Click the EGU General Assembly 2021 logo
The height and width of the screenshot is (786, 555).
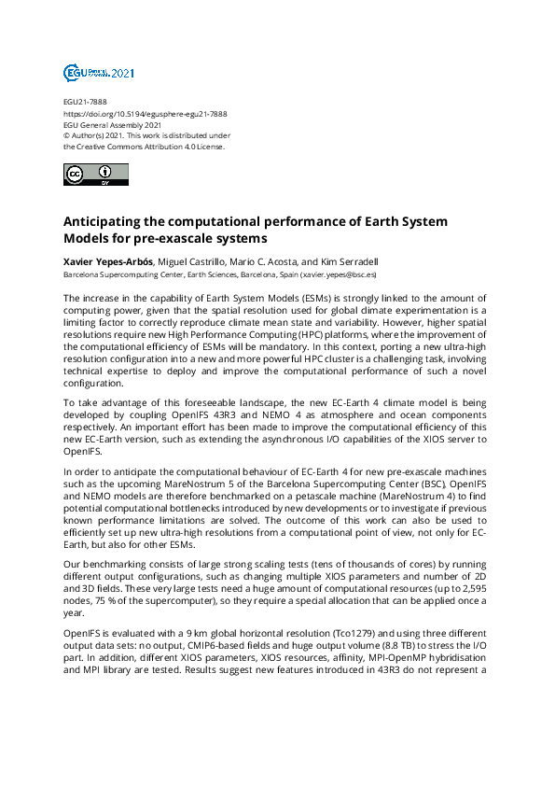click(x=99, y=73)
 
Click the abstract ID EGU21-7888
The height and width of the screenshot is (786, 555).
click(x=84, y=102)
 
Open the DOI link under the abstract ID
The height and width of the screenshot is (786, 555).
click(x=145, y=113)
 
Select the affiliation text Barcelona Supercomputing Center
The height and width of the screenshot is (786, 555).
click(x=116, y=275)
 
